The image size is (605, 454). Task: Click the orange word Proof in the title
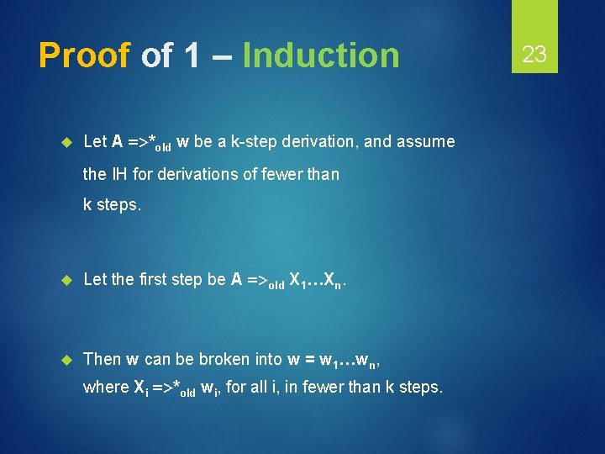click(x=84, y=55)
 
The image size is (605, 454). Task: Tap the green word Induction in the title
click(x=320, y=55)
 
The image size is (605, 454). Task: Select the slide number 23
click(x=534, y=55)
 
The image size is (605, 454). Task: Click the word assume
click(x=426, y=142)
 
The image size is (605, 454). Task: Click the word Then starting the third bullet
click(x=103, y=359)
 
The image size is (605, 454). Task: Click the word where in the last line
click(x=105, y=387)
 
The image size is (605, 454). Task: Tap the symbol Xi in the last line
click(x=142, y=388)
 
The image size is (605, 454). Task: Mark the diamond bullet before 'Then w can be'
click(x=68, y=360)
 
